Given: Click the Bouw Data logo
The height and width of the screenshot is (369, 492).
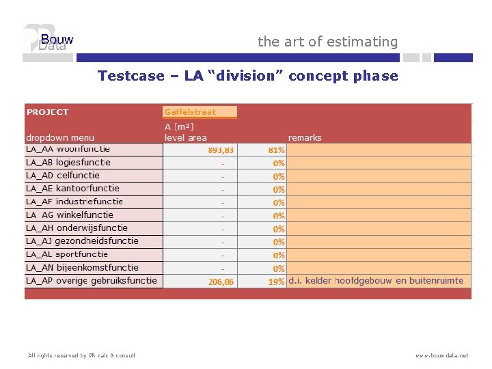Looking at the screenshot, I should pos(48,42).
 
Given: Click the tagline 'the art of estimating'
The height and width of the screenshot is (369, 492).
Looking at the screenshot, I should pos(327,42).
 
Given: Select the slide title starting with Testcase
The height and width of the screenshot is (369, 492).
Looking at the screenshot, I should pos(247,76).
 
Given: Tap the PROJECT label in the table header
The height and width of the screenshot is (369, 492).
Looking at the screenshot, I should pos(47,112).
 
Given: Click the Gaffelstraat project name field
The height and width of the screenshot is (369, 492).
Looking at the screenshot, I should pos(200,112).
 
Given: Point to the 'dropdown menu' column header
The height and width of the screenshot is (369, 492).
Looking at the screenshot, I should pos(60,137).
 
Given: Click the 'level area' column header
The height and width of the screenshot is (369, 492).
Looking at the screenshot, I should pos(185,137).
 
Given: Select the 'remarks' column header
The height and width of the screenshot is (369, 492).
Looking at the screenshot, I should pos(305,137).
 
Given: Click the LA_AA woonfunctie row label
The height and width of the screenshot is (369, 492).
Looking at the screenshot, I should pos(68,149).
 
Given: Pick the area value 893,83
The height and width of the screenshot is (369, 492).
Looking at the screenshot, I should pos(220,150).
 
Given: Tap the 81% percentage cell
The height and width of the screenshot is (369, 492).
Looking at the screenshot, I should pos(277,150).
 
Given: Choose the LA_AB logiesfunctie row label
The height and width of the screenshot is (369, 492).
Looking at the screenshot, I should pos(68,163).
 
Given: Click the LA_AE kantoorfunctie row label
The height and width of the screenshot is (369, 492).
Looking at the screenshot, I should pos(72,189).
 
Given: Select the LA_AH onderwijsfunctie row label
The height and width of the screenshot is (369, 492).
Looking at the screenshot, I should pos(77,228).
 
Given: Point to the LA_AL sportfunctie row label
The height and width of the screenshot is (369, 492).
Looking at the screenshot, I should pos(67,254).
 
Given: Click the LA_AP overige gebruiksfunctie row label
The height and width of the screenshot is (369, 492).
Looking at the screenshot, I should pos(91,281).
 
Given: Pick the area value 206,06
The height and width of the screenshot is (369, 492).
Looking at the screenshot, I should pos(220,282).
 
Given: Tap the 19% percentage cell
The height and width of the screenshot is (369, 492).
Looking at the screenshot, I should pos(277,282).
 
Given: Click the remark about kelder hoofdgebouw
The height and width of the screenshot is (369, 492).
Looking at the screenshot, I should pos(375,281).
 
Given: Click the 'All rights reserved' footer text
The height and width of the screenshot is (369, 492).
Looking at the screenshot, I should pos(81,355).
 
